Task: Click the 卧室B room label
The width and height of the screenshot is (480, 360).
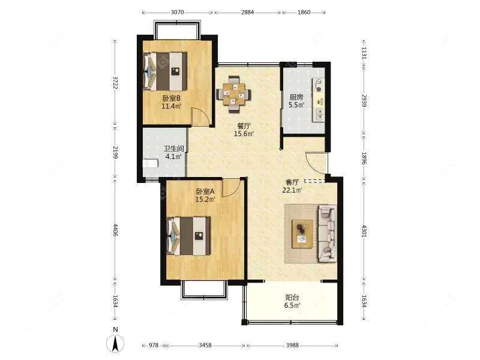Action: [171, 98]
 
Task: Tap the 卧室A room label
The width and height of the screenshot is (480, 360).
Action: [205, 191]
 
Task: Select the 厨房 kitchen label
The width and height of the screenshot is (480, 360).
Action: [296, 97]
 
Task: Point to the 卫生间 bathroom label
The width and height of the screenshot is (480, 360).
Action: [173, 149]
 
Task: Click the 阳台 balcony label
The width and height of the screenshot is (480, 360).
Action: [292, 297]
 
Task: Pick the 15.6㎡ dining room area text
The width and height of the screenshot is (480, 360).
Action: [244, 134]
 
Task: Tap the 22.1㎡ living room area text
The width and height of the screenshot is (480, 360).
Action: [292, 190]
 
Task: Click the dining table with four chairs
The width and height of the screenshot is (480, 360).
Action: [234, 94]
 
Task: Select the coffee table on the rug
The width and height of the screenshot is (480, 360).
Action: [302, 234]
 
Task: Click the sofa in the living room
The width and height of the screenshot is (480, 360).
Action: [328, 234]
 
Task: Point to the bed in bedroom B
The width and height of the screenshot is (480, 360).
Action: [165, 71]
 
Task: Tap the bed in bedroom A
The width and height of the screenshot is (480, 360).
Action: [189, 236]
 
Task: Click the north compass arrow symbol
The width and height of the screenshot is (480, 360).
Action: [115, 343]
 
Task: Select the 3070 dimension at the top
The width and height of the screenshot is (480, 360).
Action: [177, 12]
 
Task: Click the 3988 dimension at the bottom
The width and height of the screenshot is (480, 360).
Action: [292, 346]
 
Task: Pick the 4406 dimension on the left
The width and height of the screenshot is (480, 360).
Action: [115, 230]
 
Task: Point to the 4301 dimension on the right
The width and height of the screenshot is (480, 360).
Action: [364, 231]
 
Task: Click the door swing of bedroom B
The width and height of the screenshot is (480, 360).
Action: [201, 117]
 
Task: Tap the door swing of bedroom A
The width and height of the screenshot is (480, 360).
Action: [231, 188]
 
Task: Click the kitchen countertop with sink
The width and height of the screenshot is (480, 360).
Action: [319, 100]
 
